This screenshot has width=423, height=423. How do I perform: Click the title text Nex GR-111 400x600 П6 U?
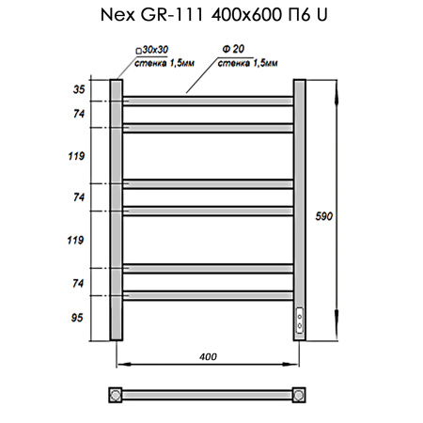211,16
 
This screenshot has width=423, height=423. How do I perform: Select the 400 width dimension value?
209,356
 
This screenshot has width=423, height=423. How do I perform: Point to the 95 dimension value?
78,318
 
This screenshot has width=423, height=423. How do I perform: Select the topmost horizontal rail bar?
208,97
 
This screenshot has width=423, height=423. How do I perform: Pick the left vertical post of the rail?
117,211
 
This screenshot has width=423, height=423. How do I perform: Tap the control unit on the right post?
300,322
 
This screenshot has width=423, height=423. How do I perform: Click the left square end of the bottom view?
117,394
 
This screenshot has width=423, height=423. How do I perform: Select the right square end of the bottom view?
300,394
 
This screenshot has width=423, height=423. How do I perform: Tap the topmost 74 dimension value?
78,113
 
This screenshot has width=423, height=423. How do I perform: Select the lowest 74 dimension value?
78,281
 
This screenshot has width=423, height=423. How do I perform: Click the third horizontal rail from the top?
208,182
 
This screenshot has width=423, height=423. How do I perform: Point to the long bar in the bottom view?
208,394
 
